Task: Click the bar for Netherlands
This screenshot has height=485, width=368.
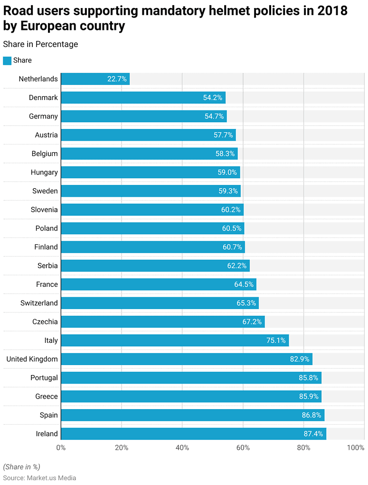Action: pyautogui.click(x=95, y=79)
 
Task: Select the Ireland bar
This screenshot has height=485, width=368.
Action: pyautogui.click(x=193, y=434)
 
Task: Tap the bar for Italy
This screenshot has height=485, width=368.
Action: pyautogui.click(x=175, y=340)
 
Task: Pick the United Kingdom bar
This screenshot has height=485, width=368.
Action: pyautogui.click(x=186, y=359)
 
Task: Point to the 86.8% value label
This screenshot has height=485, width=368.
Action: pyautogui.click(x=312, y=415)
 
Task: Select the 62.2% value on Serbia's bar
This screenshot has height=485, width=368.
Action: pyautogui.click(x=237, y=266)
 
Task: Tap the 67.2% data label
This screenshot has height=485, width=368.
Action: pyautogui.click(x=252, y=322)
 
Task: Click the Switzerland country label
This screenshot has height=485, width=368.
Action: pyautogui.click(x=39, y=303)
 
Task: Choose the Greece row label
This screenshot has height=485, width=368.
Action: pyautogui.click(x=47, y=396)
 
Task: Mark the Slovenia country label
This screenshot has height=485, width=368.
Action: pyautogui.click(x=44, y=210)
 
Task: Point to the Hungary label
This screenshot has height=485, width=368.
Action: pyautogui.click(x=44, y=173)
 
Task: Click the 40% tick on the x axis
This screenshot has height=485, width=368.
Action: pyautogui.click(x=182, y=448)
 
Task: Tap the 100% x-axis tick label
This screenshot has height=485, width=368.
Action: pyautogui.click(x=355, y=448)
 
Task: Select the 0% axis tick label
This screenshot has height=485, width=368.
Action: pyautogui.click(x=61, y=448)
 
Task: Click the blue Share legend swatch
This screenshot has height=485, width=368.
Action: pyautogui.click(x=7, y=61)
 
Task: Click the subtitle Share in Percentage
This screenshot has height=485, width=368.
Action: pyautogui.click(x=40, y=44)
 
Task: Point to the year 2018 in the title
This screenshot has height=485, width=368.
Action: pyautogui.click(x=331, y=11)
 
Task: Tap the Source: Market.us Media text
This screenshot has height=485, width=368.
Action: pyautogui.click(x=39, y=478)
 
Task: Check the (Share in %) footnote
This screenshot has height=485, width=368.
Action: pyautogui.click(x=21, y=467)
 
